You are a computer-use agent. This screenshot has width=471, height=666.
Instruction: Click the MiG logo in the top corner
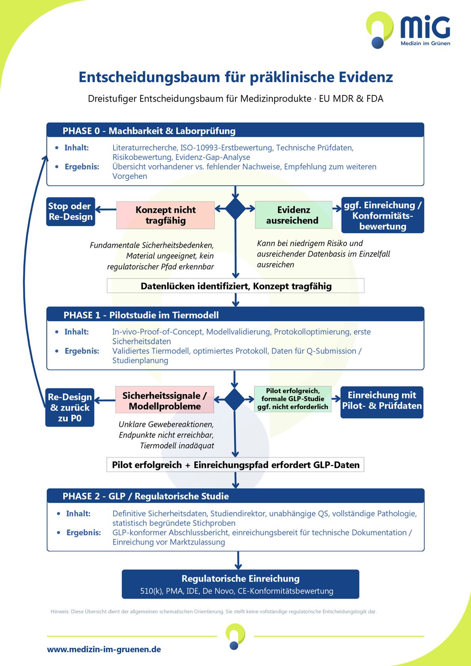pyautogui.click(x=408, y=30)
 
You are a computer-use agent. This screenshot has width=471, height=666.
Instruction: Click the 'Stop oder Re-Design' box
pyautogui.click(x=70, y=212)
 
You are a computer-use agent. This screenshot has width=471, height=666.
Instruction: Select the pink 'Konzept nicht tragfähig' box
pyautogui.click(x=165, y=215)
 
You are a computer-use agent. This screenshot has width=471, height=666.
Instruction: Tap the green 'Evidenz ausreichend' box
pyautogui.click(x=293, y=215)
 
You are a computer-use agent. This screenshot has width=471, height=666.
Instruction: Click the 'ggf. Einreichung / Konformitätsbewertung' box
pyautogui.click(x=383, y=215)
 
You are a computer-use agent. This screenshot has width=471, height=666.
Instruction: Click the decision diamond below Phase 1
pyautogui.click(x=234, y=399)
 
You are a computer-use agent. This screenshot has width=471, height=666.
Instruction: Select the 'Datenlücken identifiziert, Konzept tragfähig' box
pyautogui.click(x=235, y=286)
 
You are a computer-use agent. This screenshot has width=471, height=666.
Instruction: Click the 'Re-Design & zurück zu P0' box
pyautogui.click(x=70, y=407)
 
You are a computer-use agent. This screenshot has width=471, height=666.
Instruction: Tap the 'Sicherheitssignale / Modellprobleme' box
pyautogui.click(x=165, y=399)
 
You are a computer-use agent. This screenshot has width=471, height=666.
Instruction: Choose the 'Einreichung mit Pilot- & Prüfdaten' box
pyautogui.click(x=382, y=402)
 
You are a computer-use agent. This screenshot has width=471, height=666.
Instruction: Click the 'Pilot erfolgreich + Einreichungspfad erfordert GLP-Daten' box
pyautogui.click(x=235, y=464)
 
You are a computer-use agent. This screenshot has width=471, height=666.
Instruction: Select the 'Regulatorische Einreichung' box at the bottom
pyautogui.click(x=240, y=584)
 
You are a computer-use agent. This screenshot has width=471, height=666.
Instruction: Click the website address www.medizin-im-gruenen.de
pyautogui.click(x=104, y=649)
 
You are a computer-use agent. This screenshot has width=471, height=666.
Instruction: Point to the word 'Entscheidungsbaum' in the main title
pyautogui.click(x=150, y=77)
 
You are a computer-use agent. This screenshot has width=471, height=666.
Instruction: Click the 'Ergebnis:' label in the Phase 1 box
pyautogui.click(x=82, y=351)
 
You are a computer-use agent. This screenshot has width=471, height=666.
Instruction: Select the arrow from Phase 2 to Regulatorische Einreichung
pyautogui.click(x=238, y=560)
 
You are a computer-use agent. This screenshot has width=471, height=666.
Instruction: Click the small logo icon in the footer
pyautogui.click(x=235, y=637)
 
